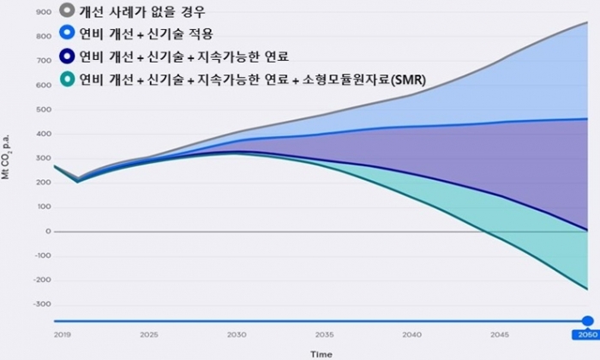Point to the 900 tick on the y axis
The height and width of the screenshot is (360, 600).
coord(41,13)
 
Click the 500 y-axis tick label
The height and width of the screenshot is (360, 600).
coord(41,110)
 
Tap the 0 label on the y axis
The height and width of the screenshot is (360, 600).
coord(47,231)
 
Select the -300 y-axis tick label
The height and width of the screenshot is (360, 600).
coord(39,304)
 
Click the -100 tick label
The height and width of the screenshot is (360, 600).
coord(39,255)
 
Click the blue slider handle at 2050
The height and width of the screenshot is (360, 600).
coord(587,321)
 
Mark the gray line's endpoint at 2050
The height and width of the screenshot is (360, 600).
coord(587,23)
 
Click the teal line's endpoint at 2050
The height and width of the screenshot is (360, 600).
coord(587,289)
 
